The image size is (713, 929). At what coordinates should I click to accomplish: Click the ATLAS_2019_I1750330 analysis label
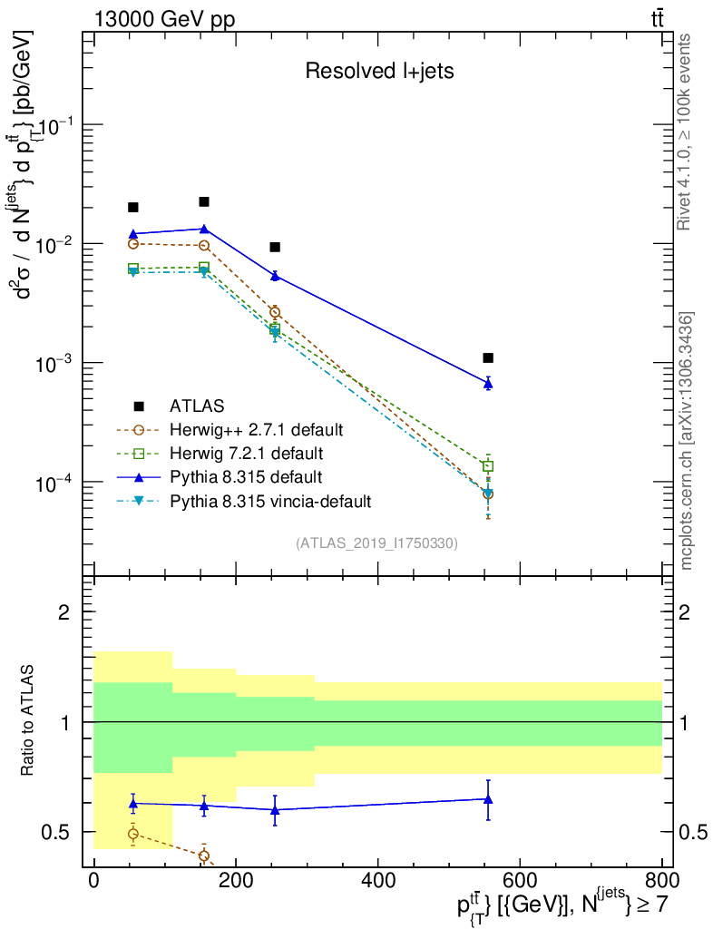click(376, 543)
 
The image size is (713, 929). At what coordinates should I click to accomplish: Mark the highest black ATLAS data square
click(204, 201)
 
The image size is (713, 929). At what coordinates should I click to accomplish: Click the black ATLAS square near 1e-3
click(488, 357)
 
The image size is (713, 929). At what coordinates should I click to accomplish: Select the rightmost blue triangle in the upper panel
click(488, 384)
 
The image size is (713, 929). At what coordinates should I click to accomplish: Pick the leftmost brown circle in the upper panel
click(133, 243)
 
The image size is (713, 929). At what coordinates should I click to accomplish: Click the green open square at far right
click(488, 466)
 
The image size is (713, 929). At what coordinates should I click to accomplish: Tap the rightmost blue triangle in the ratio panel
click(488, 799)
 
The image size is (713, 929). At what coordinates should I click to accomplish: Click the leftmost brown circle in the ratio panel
click(133, 834)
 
